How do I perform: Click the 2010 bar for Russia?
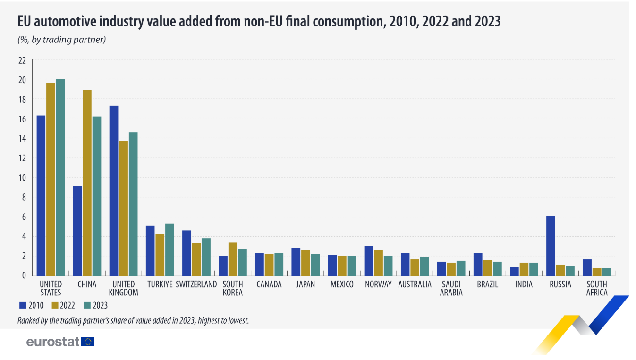551,245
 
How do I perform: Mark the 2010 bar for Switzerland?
187,252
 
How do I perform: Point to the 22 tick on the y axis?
22,60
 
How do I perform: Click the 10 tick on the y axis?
22,178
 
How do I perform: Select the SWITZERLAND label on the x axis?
196,284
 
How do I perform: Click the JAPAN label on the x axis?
305,284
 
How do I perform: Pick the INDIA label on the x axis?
524,284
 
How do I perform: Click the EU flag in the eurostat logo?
88,342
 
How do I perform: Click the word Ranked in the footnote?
29,320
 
